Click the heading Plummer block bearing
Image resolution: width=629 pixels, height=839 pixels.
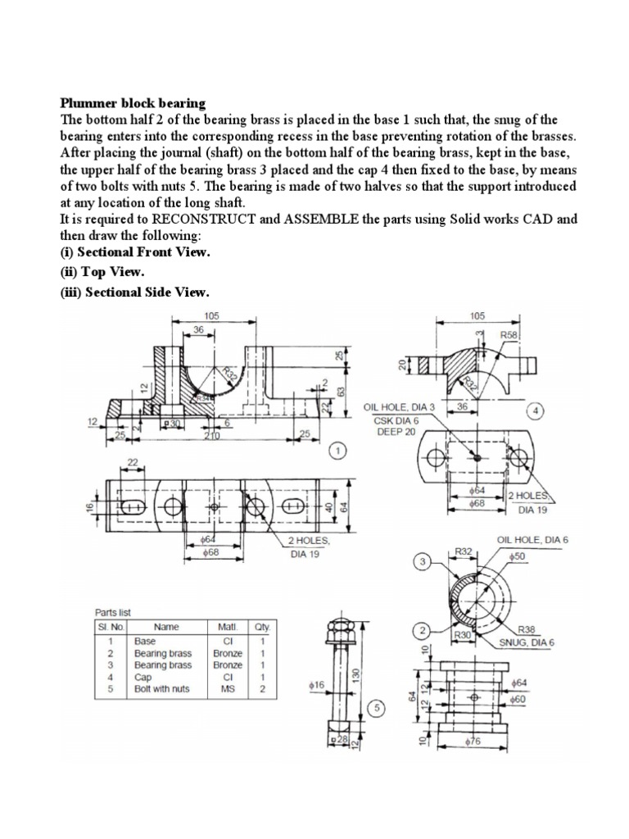click(x=133, y=103)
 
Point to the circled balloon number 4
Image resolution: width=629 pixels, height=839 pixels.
click(x=536, y=410)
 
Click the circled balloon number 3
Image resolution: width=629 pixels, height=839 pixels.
click(x=423, y=562)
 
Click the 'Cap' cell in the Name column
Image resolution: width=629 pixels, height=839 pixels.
click(x=143, y=677)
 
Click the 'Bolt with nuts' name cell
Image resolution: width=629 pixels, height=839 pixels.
click(x=161, y=689)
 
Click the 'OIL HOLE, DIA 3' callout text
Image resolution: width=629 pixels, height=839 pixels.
click(x=399, y=406)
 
